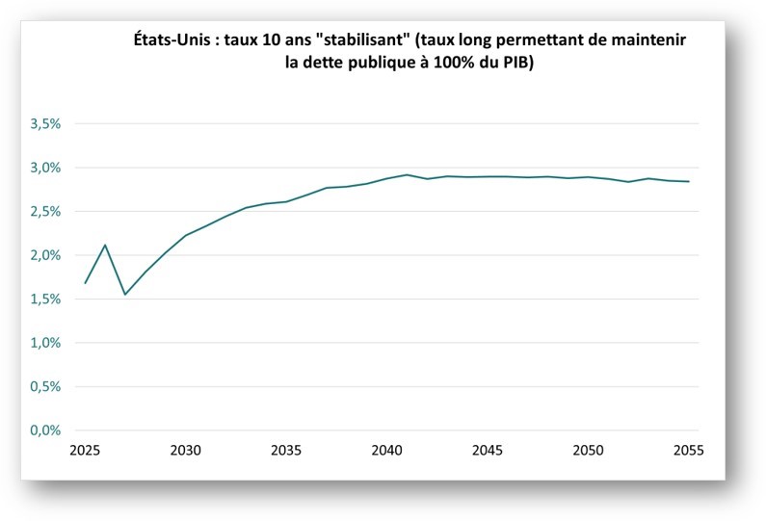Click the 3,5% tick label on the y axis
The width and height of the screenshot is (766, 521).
click(45, 124)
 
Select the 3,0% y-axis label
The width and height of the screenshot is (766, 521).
click(45, 168)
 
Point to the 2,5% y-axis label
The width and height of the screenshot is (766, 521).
click(45, 212)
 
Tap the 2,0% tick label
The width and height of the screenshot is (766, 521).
click(45, 255)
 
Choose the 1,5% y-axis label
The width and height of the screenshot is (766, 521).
click(45, 300)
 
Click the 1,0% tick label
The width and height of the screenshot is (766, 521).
click(45, 343)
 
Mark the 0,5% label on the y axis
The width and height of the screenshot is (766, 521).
click(45, 387)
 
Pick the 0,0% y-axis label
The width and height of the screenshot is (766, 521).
click(45, 430)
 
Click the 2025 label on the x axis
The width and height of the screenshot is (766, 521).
click(86, 451)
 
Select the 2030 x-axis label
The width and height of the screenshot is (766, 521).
click(186, 451)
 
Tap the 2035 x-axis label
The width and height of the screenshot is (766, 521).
click(286, 451)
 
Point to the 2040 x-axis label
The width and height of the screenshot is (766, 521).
click(386, 451)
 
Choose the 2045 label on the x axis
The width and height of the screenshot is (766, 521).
click(488, 451)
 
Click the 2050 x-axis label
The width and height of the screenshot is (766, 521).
click(588, 451)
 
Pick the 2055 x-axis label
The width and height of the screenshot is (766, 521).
click(688, 451)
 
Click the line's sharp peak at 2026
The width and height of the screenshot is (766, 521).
click(105, 245)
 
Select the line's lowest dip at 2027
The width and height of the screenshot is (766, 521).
click(125, 295)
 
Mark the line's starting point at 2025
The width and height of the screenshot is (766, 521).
click(86, 283)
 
